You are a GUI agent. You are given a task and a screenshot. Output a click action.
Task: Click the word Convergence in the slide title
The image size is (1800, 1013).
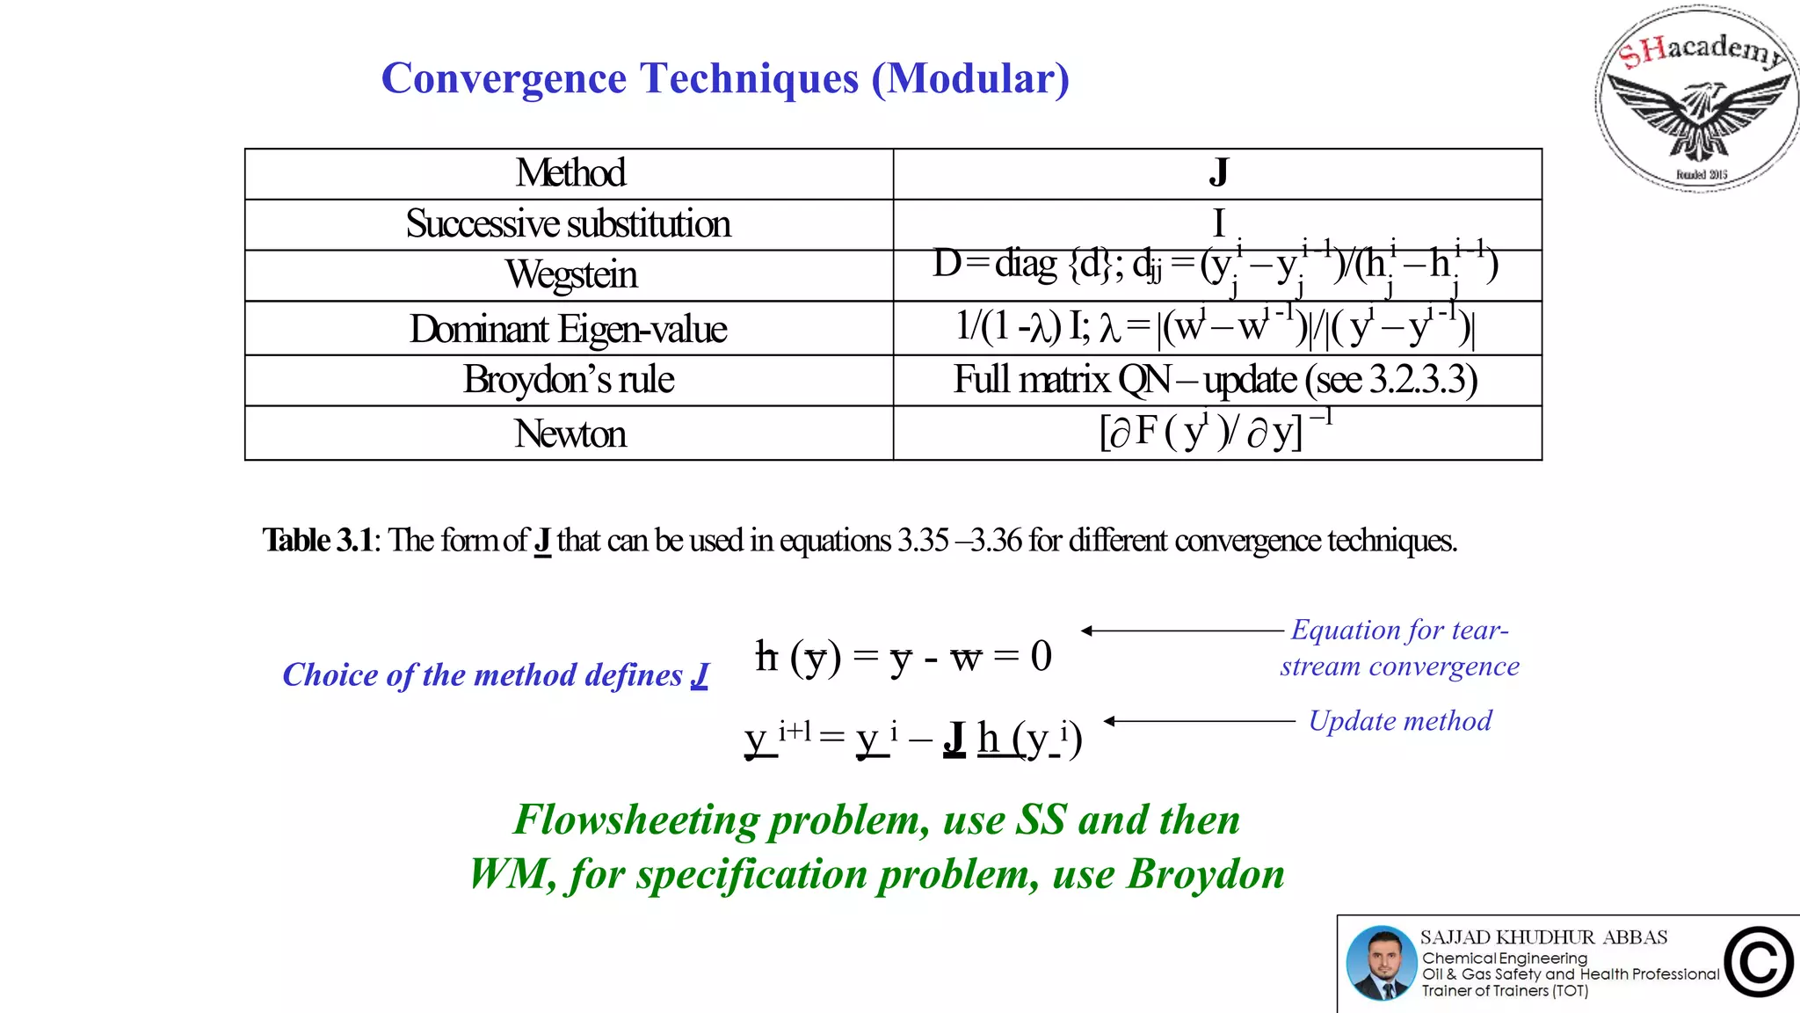(503, 78)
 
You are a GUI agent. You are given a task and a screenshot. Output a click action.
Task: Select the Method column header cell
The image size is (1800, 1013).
(570, 173)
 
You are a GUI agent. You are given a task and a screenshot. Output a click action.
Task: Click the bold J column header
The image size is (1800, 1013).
(1217, 172)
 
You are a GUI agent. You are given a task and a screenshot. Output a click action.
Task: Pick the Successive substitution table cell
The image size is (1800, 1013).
(568, 224)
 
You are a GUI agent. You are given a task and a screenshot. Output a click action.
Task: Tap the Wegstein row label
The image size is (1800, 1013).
(570, 275)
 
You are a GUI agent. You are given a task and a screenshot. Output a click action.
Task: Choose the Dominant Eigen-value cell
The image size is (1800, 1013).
(568, 329)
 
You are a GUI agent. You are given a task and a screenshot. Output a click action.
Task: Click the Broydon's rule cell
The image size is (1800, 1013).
(569, 380)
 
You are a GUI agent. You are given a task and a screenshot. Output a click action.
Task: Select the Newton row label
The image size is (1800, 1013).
(570, 434)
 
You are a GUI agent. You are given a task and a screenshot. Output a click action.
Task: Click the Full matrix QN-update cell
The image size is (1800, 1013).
(1216, 380)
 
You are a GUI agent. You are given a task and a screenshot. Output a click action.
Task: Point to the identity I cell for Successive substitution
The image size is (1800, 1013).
(1218, 222)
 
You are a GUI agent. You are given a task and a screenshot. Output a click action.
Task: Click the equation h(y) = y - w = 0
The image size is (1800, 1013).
(903, 656)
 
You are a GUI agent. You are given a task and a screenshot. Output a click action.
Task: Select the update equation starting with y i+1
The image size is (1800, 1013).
(912, 738)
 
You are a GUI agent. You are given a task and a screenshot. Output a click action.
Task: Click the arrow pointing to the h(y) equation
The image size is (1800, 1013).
(1181, 630)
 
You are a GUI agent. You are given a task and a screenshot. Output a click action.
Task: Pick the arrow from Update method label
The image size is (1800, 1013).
(1199, 721)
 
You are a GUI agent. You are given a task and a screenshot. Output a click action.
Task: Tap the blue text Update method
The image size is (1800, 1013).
(1400, 721)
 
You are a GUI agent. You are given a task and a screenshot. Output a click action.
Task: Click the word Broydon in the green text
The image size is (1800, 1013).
(1205, 874)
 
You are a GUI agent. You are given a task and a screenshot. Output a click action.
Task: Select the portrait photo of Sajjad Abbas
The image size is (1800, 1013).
(1381, 964)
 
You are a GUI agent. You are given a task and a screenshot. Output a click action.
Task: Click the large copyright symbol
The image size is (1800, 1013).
(1758, 962)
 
